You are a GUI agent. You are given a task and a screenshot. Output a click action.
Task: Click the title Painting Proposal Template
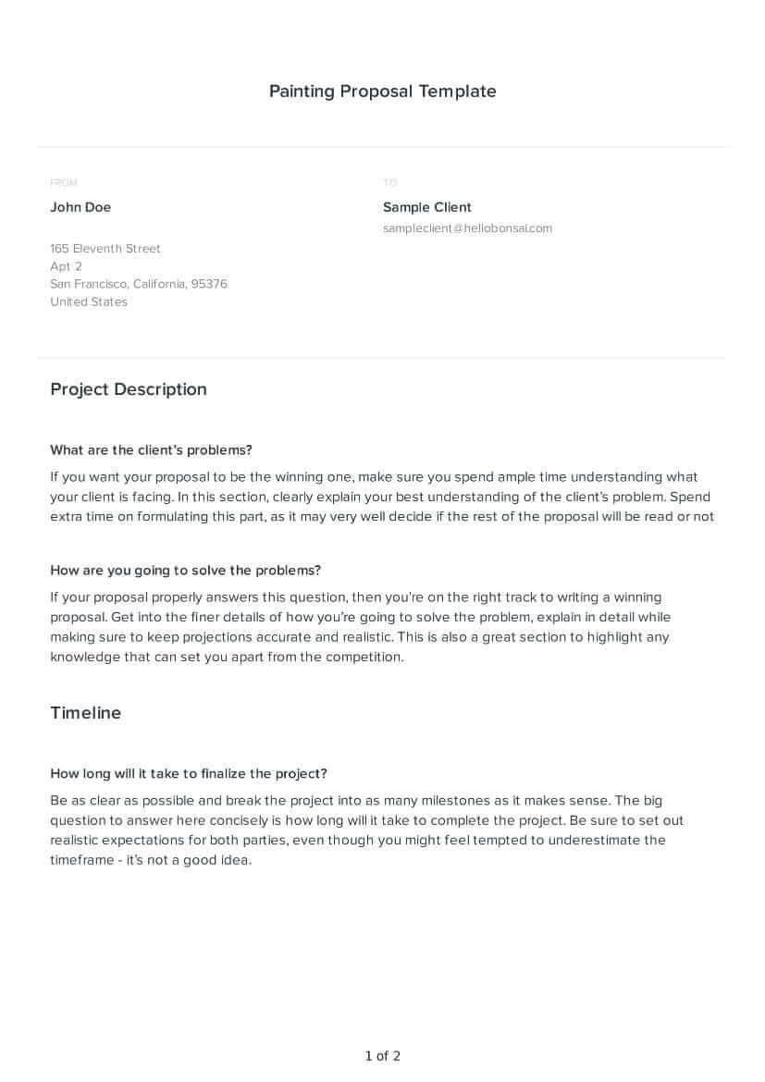(382, 91)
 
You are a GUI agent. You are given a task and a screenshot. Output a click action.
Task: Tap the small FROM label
(64, 183)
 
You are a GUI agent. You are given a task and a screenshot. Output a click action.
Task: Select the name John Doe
(80, 207)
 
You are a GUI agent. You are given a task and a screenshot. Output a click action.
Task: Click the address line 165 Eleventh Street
(105, 248)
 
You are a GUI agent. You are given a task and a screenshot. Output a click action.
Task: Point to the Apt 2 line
(66, 266)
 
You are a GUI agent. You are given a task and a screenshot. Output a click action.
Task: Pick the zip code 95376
(209, 284)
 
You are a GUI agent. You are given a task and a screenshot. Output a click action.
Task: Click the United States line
(89, 301)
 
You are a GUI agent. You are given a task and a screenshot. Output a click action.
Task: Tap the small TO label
(389, 183)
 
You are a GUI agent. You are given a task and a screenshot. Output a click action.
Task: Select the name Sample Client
(427, 207)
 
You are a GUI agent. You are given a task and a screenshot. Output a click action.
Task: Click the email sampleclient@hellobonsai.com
(467, 228)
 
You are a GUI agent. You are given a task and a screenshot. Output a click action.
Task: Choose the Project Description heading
(129, 389)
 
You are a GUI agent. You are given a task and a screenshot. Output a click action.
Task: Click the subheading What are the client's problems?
(151, 450)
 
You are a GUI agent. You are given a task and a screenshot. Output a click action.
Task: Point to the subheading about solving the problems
(185, 571)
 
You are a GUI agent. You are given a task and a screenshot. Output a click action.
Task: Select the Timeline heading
(86, 713)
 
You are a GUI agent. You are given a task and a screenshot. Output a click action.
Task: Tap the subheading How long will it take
(189, 774)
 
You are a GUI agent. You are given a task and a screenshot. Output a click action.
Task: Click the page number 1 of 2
(382, 1056)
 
